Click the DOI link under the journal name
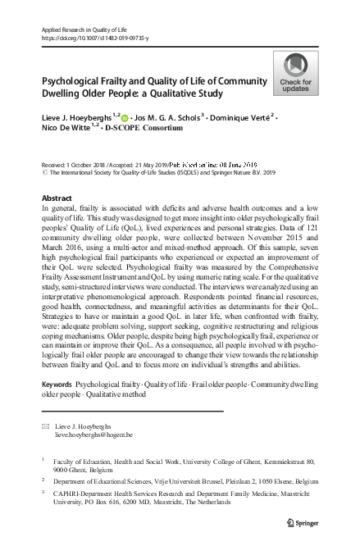point(89,38)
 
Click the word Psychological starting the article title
point(70,82)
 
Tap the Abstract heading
point(56,200)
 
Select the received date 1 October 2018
point(86,164)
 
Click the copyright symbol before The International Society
point(43,173)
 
